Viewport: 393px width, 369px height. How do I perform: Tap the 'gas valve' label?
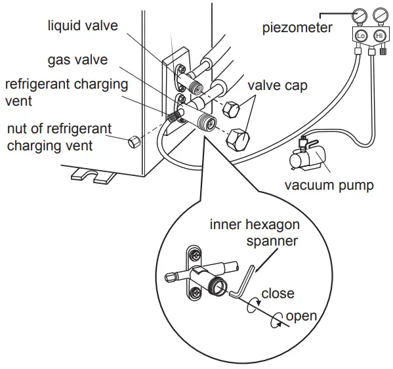[77, 60]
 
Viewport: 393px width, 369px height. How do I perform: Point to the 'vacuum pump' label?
[329, 185]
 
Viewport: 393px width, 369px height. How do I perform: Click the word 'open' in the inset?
[301, 316]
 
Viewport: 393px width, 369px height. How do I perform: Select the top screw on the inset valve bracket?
[195, 253]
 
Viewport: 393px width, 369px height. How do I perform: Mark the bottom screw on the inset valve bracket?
[195, 294]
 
